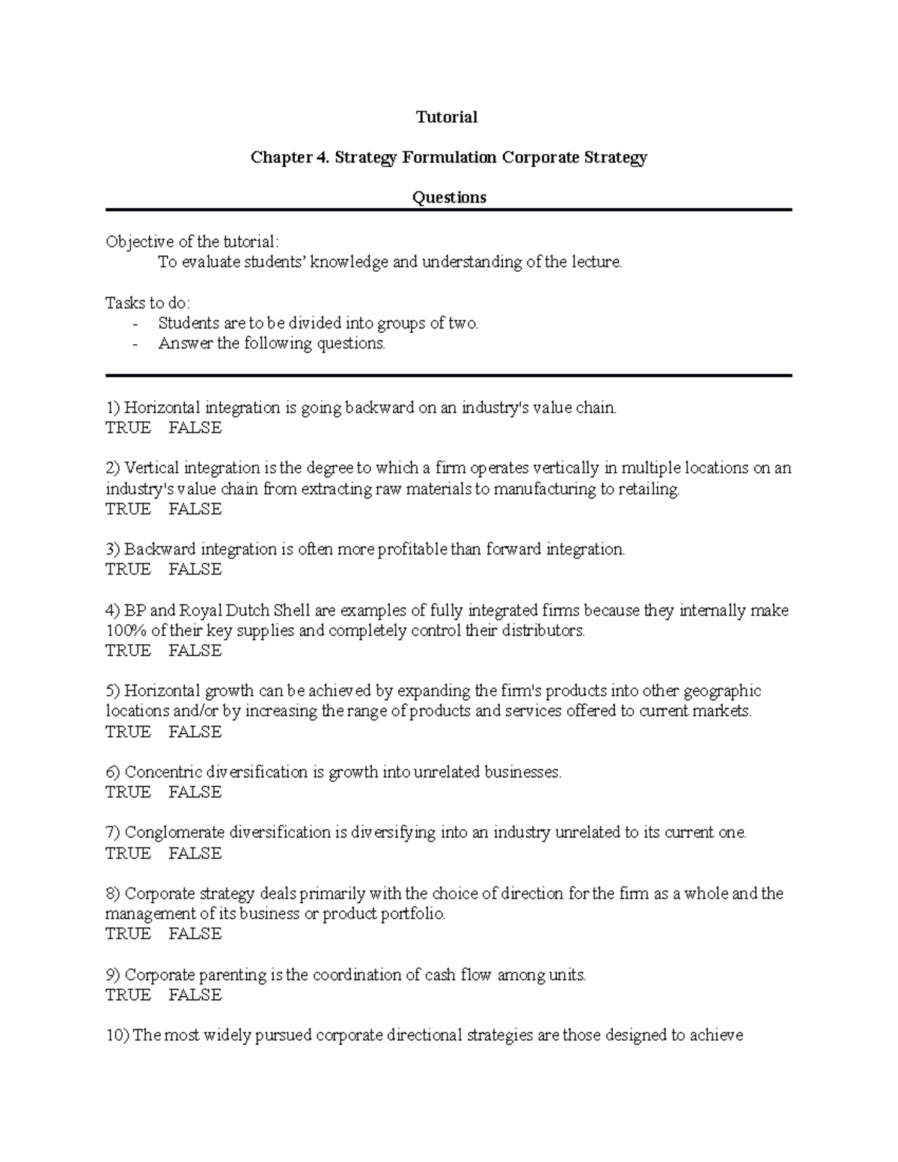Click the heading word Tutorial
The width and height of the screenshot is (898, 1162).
coord(447,117)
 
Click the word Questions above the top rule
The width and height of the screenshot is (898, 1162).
coord(449,198)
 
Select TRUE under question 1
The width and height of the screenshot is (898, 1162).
coord(128,429)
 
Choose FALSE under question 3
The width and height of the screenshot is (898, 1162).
coord(195,570)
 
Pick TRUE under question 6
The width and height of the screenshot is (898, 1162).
coord(128,792)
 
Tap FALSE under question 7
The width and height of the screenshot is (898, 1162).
coord(195,854)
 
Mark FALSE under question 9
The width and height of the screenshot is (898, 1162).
coord(195,995)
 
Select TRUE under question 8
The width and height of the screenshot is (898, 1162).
coord(128,934)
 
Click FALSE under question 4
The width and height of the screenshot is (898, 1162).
coord(195,651)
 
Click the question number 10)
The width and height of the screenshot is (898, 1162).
coord(117,1036)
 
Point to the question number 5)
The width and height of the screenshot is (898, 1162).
coord(113,691)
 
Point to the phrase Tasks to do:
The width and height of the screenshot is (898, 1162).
coord(148,303)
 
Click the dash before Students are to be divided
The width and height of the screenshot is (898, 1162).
coord(135,324)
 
